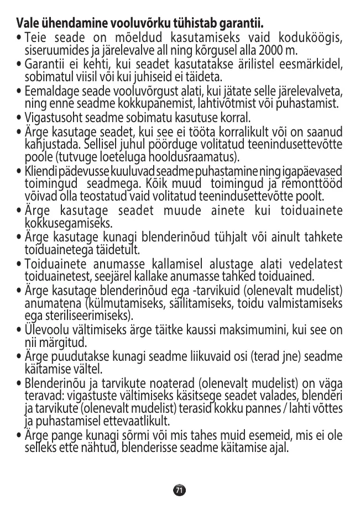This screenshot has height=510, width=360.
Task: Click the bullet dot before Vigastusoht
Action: click(x=20, y=118)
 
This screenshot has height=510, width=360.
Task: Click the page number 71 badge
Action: click(x=179, y=490)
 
